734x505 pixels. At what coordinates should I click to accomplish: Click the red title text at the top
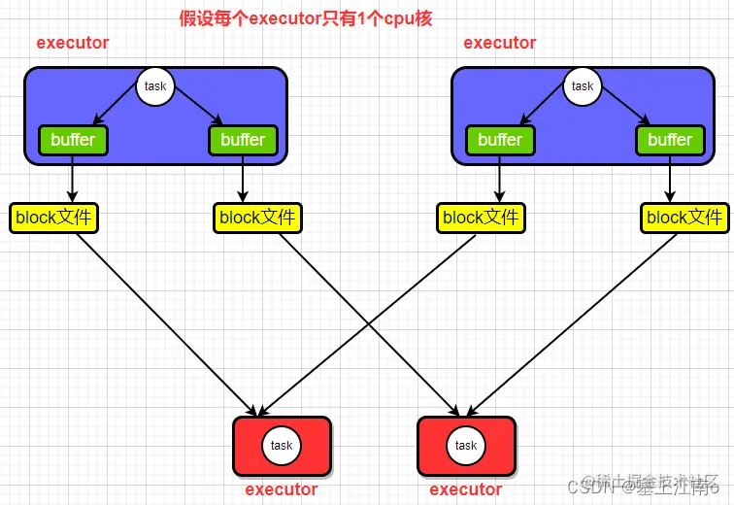click(x=306, y=18)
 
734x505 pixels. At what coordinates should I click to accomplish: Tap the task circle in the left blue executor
click(x=155, y=86)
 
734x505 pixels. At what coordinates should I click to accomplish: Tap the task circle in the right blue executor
click(x=583, y=86)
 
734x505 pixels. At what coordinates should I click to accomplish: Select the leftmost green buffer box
click(x=73, y=140)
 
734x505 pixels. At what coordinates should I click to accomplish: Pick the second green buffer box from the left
click(x=243, y=140)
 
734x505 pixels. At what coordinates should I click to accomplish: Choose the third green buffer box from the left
click(x=500, y=140)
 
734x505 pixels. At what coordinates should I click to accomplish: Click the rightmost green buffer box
click(x=670, y=140)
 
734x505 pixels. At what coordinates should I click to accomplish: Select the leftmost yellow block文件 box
click(x=53, y=218)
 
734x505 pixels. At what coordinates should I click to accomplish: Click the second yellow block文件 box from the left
click(x=257, y=218)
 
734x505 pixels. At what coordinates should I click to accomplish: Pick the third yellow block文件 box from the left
click(x=481, y=218)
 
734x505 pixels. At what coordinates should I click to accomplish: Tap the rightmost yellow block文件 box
click(x=684, y=218)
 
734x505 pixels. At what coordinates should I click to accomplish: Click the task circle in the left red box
click(x=282, y=446)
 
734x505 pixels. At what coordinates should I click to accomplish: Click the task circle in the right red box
click(x=466, y=446)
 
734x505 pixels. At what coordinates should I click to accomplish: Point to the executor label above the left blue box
click(x=73, y=43)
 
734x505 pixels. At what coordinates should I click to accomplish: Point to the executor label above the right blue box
click(x=500, y=43)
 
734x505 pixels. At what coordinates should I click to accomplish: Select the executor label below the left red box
click(x=282, y=489)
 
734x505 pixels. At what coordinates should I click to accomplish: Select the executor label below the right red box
click(x=466, y=489)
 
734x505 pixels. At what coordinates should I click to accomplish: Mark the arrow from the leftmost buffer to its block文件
click(x=73, y=180)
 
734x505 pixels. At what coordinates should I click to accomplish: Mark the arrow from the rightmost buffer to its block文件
click(x=670, y=180)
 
